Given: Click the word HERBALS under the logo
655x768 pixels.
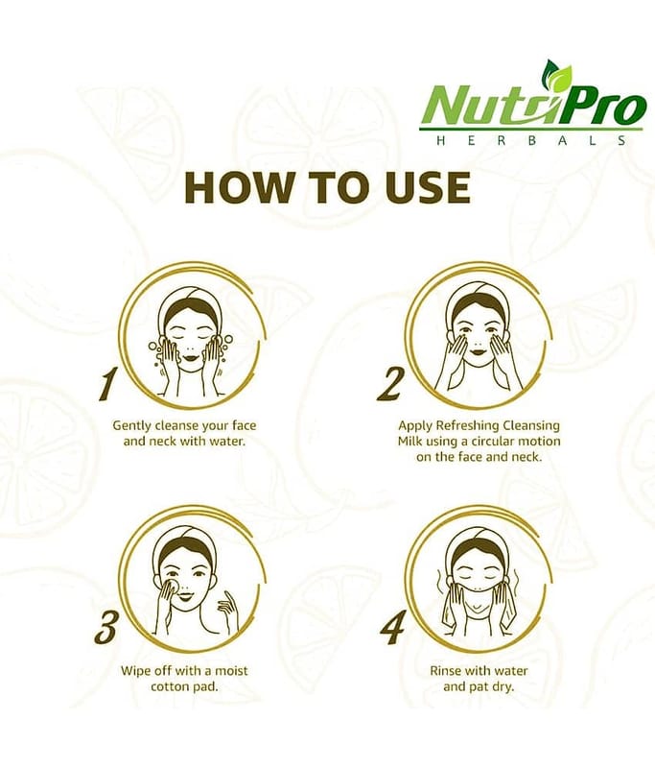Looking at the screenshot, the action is pos(530,140).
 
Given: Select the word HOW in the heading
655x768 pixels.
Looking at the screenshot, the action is pos(237,187).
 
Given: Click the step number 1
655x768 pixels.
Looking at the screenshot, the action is pos(107,385).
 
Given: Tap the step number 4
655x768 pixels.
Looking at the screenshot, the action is pos(393,628).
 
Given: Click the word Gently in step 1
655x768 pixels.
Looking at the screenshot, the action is pos(131,425).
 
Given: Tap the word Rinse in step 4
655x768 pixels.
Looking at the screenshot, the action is pos(445,670).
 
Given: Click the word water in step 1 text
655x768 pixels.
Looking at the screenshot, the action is pos(225,442).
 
